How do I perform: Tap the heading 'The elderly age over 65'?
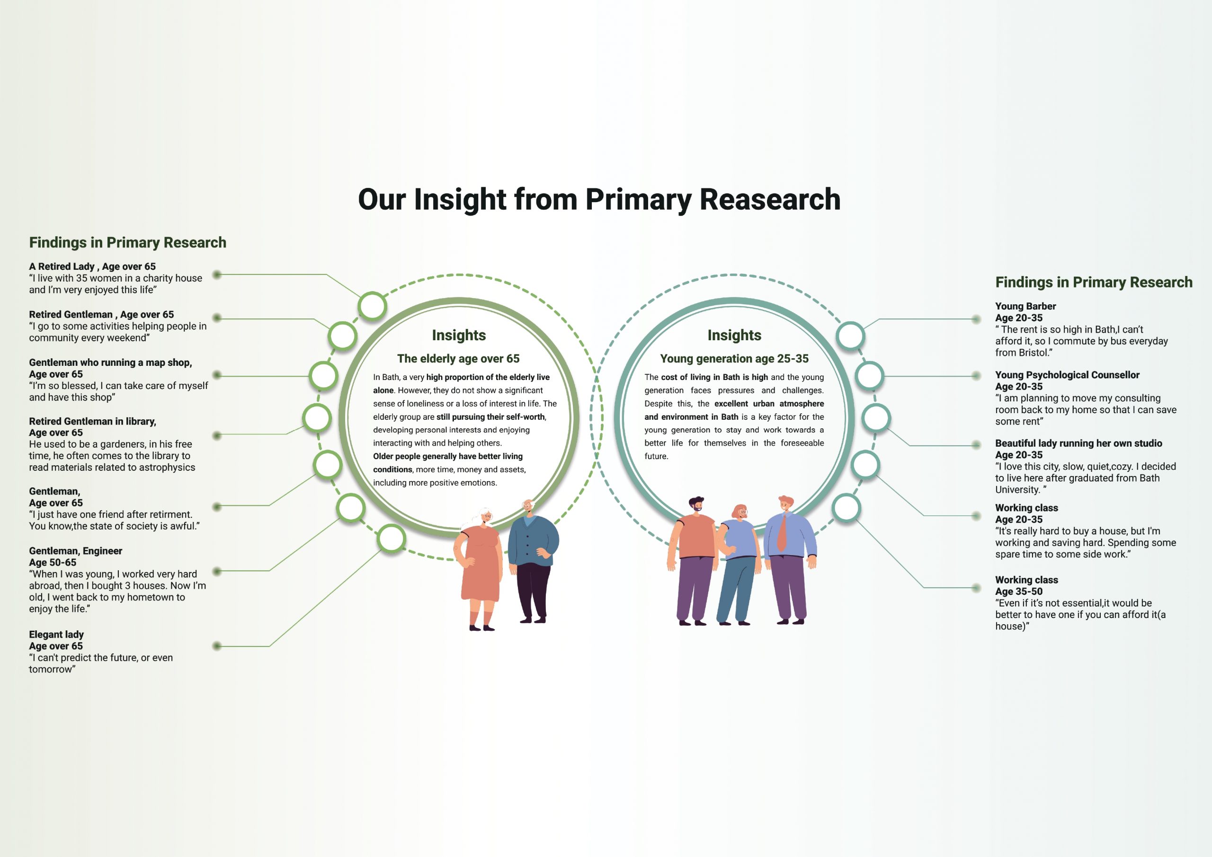pyautogui.click(x=458, y=359)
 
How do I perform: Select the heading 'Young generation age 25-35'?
pyautogui.click(x=734, y=359)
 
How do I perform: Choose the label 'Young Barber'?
pyautogui.click(x=1025, y=306)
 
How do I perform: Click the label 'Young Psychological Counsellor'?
pyautogui.click(x=1067, y=375)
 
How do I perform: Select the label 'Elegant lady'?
pyautogui.click(x=56, y=634)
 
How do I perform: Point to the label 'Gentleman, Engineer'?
pyautogui.click(x=75, y=551)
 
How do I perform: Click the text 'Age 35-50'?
pyautogui.click(x=1019, y=592)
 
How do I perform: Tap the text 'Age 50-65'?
pyautogui.click(x=53, y=563)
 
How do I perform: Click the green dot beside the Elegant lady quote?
pyautogui.click(x=216, y=646)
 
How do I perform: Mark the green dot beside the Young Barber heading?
pyautogui.click(x=976, y=319)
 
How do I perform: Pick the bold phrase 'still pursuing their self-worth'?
pyautogui.click(x=490, y=417)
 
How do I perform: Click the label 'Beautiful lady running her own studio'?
pyautogui.click(x=1078, y=443)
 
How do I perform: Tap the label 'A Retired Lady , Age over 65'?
pyautogui.click(x=92, y=266)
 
